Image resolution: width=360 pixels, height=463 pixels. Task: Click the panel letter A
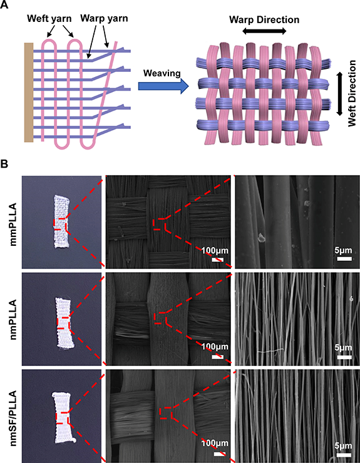pos(4,4)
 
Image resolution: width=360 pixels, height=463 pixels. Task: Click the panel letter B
pos(4,164)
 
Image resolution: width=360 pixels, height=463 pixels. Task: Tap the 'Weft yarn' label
pos(49,19)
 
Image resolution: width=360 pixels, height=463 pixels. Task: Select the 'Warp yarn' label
pos(104,18)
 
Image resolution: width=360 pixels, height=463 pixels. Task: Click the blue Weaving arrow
pos(163,86)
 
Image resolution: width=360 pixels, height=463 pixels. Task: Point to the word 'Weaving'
pos(162,73)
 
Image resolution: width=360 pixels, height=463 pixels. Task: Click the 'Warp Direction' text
pos(264,20)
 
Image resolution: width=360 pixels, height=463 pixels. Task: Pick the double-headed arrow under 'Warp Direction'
pos(264,31)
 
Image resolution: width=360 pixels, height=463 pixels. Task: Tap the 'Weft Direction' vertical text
pos(352,94)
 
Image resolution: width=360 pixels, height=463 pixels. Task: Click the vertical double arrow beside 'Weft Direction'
pos(339,93)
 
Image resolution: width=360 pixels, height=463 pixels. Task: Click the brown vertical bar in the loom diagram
pos(29,93)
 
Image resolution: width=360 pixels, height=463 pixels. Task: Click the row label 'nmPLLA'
pos(14,320)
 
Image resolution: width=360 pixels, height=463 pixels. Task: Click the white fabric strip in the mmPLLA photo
pos(61,221)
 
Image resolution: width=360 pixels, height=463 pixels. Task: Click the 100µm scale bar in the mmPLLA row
pos(217,260)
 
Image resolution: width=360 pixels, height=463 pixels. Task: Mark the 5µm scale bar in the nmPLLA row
pos(344,357)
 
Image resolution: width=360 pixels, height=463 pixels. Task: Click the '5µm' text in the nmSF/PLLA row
pos(343,445)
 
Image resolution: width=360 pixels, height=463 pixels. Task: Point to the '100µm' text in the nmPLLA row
pos(215,347)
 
